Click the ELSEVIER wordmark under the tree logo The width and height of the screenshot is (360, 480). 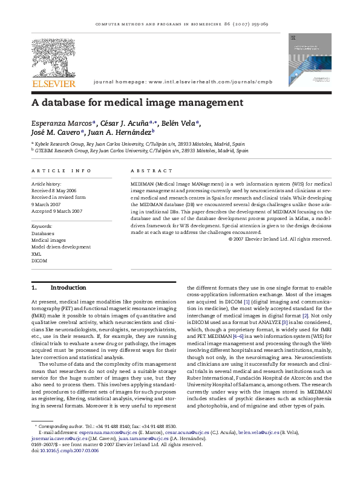(54, 83)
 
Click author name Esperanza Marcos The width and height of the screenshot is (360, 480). (57, 123)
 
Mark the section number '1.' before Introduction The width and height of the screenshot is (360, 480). (34, 288)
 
